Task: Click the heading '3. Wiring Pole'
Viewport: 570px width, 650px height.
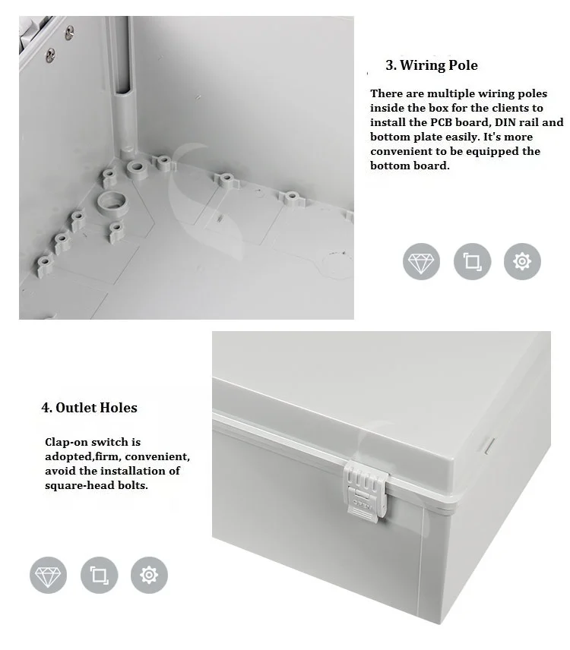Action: [431, 65]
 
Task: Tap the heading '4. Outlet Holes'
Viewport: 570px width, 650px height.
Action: [89, 408]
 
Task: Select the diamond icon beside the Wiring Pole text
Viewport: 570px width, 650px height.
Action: [421, 262]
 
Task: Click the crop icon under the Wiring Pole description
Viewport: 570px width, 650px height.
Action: [472, 262]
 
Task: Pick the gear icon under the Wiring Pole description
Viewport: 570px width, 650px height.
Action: [522, 262]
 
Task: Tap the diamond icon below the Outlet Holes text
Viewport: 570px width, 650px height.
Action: [48, 575]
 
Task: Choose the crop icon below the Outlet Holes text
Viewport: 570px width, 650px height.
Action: [99, 575]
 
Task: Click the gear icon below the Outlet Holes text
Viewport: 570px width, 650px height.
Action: [149, 575]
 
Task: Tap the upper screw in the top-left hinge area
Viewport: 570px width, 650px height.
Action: [69, 31]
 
